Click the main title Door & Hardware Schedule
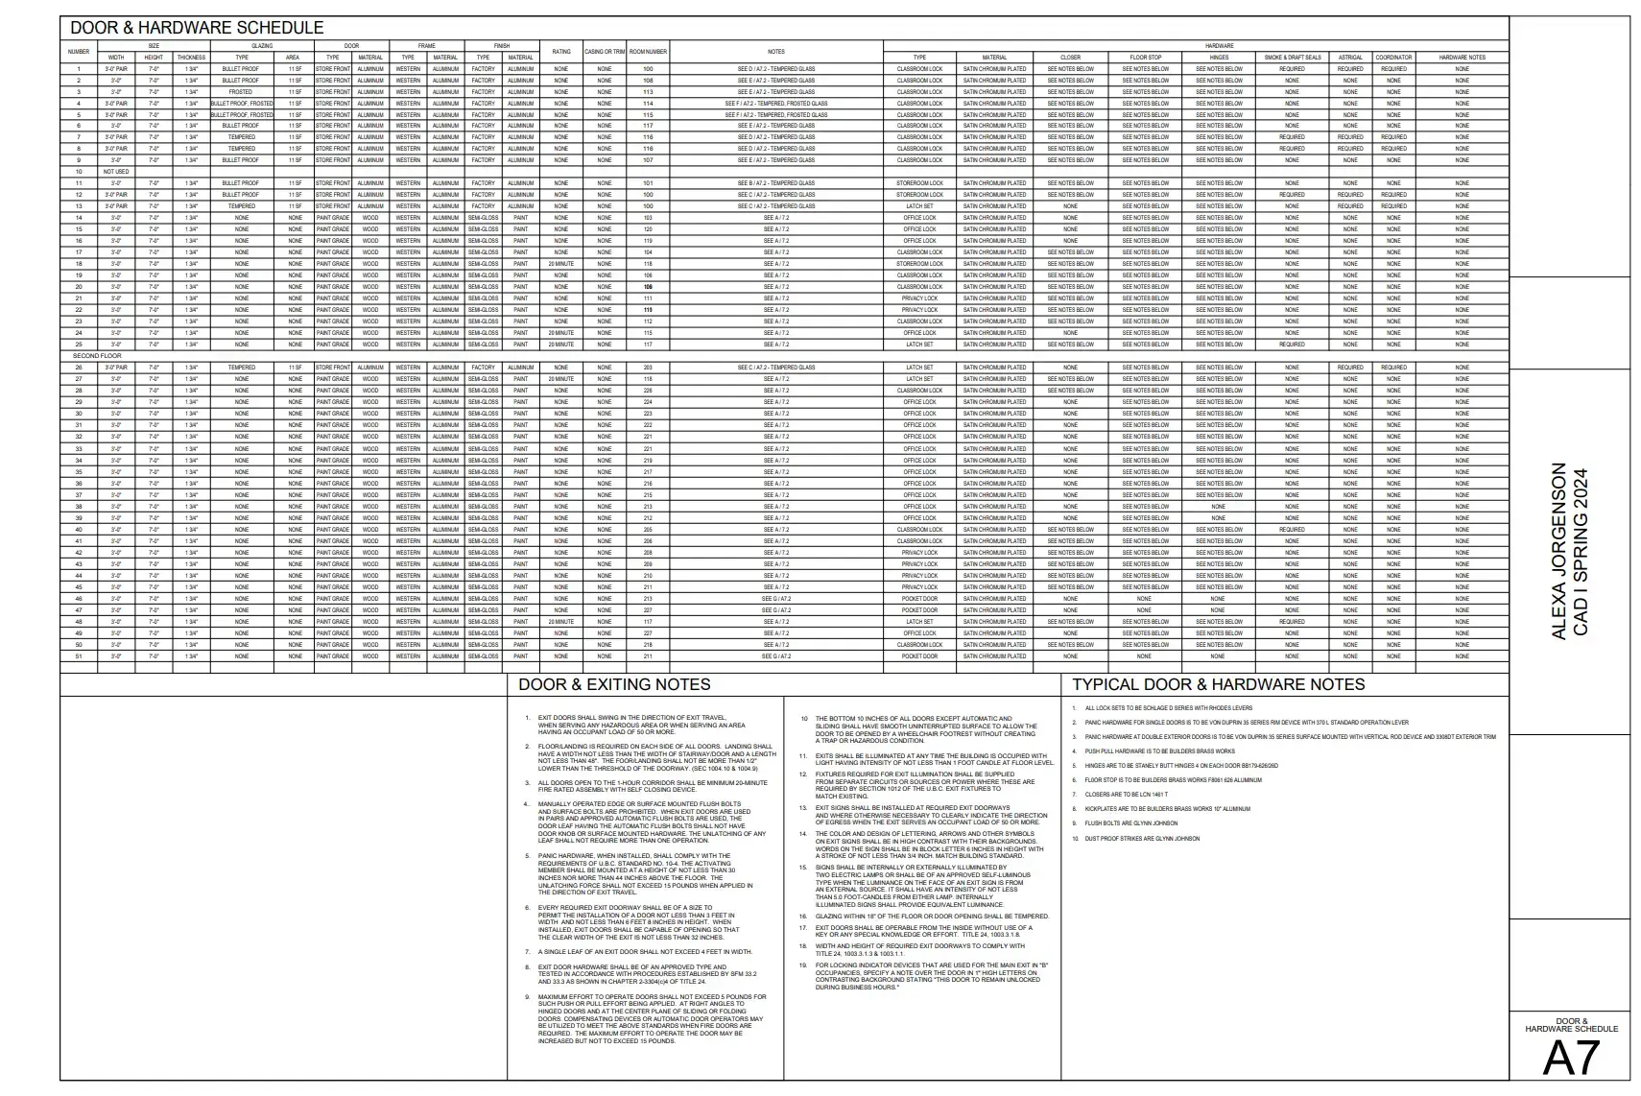197,28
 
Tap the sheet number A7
1571,1059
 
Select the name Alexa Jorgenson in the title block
1558,551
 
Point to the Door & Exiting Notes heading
614,684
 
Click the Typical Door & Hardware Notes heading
1218,684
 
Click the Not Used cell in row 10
115,172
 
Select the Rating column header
561,51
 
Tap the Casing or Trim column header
605,51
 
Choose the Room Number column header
649,51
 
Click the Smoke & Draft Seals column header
1292,58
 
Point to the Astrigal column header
1350,58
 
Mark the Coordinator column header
1393,58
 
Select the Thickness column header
191,58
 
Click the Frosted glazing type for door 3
241,92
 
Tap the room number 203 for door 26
648,368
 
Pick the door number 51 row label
79,656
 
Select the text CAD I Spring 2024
1582,551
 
